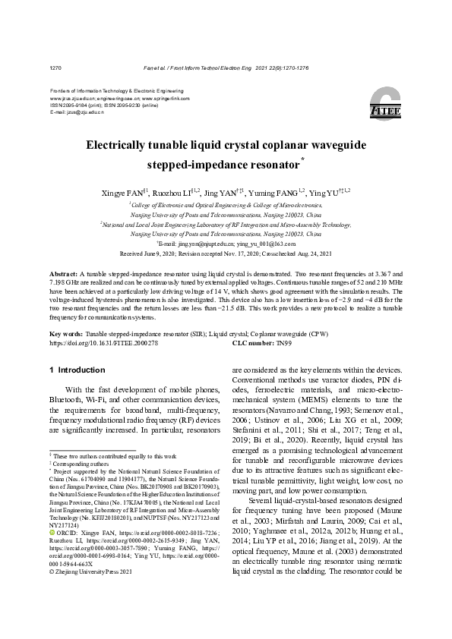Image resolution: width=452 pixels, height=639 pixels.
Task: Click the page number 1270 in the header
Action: [x=55, y=68]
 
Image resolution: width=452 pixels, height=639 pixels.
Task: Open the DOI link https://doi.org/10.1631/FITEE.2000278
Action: [x=103, y=343]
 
